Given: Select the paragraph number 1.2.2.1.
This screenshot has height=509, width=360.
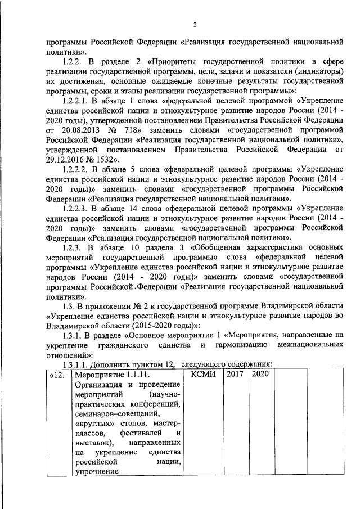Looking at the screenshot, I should click(77, 101).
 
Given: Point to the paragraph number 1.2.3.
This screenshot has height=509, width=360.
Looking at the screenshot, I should click(74, 247).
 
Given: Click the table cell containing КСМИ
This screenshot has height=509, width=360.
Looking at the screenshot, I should click(204, 373).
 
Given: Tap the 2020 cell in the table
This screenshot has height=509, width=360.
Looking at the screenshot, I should click(260, 373).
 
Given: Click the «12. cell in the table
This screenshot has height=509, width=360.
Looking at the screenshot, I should click(58, 373).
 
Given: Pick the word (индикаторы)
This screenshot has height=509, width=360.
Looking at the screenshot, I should click(318, 72).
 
